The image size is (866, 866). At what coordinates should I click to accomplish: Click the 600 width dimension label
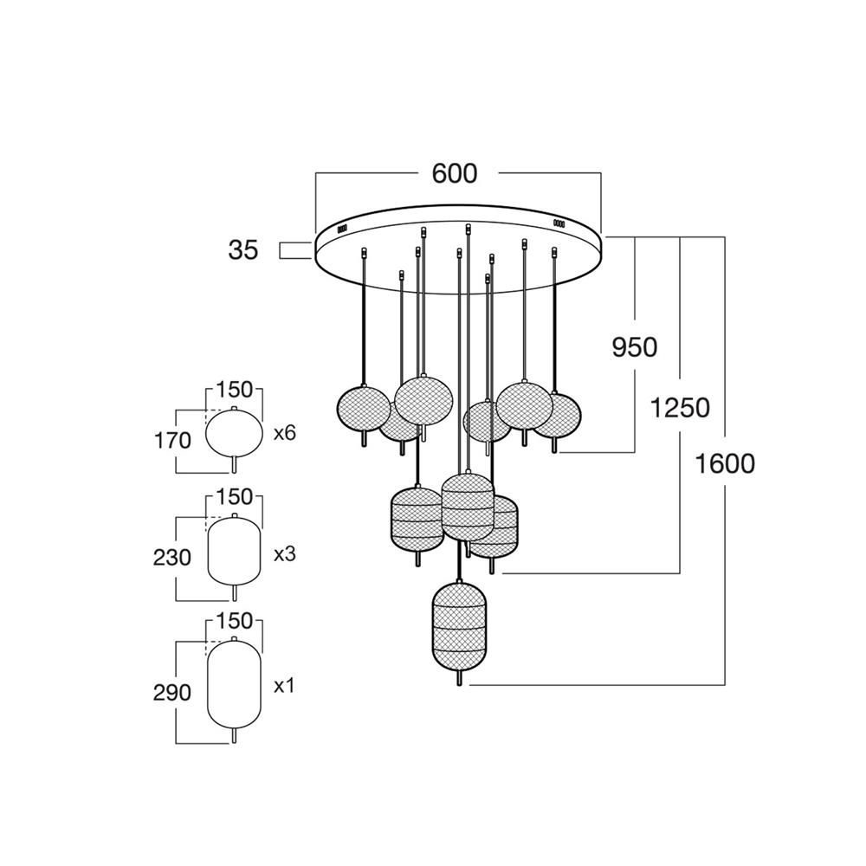[455, 174]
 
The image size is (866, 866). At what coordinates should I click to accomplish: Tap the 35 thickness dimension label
[243, 250]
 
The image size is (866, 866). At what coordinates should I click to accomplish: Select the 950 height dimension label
[635, 347]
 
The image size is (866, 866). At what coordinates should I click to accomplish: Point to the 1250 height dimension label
[680, 408]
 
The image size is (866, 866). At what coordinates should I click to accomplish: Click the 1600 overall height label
[725, 464]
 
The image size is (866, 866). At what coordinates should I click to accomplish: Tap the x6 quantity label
[285, 433]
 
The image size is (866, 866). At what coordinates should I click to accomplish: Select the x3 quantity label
[285, 554]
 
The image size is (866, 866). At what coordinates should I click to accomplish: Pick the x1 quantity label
[284, 687]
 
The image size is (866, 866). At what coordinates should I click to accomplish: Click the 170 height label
[171, 441]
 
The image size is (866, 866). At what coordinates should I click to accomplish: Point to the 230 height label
[171, 557]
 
